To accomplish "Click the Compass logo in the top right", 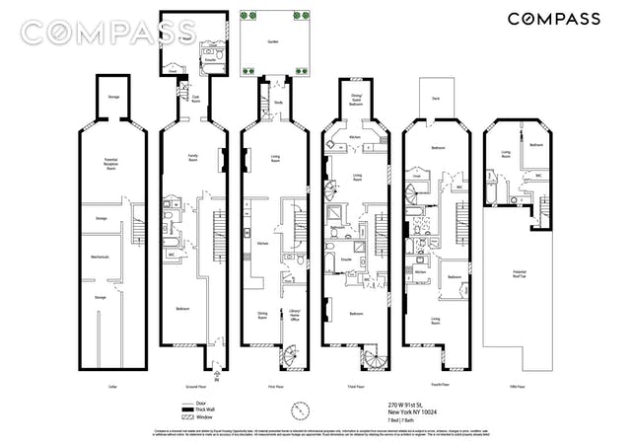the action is click(554, 19).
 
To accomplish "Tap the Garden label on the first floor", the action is click(272, 42).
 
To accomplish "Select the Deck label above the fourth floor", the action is click(436, 98).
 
